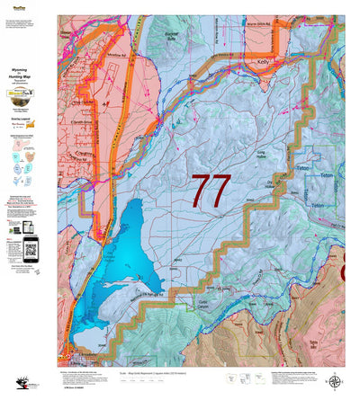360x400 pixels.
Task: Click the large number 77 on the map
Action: point(211,191)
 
